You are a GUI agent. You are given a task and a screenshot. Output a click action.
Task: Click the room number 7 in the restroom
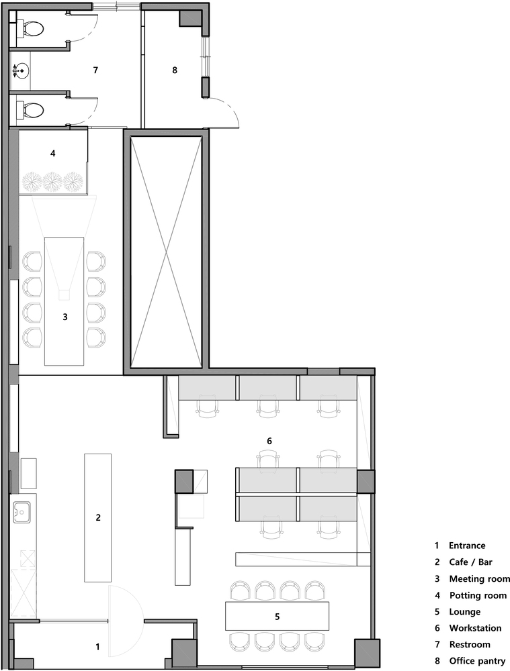95,70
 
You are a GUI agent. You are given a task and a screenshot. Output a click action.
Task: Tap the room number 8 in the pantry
175,70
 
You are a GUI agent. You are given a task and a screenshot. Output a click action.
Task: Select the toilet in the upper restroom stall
30,29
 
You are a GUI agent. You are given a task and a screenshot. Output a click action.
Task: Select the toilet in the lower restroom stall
30,110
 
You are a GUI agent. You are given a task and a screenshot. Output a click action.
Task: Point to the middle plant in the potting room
52,181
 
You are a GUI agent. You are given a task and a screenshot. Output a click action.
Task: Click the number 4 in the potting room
52,153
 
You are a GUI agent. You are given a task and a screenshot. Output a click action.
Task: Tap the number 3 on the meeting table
65,317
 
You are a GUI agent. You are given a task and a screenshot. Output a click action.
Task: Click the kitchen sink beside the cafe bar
22,512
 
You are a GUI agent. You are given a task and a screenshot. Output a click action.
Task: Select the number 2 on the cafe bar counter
98,517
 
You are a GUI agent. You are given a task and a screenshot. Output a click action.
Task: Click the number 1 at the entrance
97,647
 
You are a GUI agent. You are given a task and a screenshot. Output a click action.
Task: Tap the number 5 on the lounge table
278,617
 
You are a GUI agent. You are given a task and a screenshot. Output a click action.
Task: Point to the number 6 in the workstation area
269,441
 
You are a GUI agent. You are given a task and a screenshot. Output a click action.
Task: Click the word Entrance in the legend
467,546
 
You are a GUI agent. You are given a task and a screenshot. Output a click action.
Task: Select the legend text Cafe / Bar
470,562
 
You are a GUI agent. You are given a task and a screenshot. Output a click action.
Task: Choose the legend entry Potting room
478,596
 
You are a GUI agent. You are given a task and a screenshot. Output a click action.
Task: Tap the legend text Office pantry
477,662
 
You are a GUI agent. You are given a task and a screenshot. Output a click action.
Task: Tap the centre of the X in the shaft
166,252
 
